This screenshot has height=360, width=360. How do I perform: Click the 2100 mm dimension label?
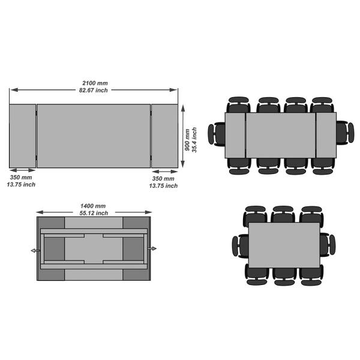click(94, 82)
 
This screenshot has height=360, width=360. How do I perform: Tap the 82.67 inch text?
click(94, 90)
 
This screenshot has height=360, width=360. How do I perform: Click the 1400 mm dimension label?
click(94, 206)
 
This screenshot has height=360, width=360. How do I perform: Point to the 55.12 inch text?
click(94, 213)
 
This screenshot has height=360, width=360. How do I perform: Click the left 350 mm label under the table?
click(22, 178)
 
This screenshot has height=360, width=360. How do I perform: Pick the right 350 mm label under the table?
click(163, 179)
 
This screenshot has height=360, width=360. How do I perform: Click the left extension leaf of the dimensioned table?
click(23, 136)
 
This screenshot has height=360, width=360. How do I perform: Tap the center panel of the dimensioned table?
click(94, 136)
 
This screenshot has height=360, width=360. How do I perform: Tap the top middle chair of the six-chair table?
click(283, 215)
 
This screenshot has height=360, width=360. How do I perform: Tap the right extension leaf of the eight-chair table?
click(326, 134)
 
